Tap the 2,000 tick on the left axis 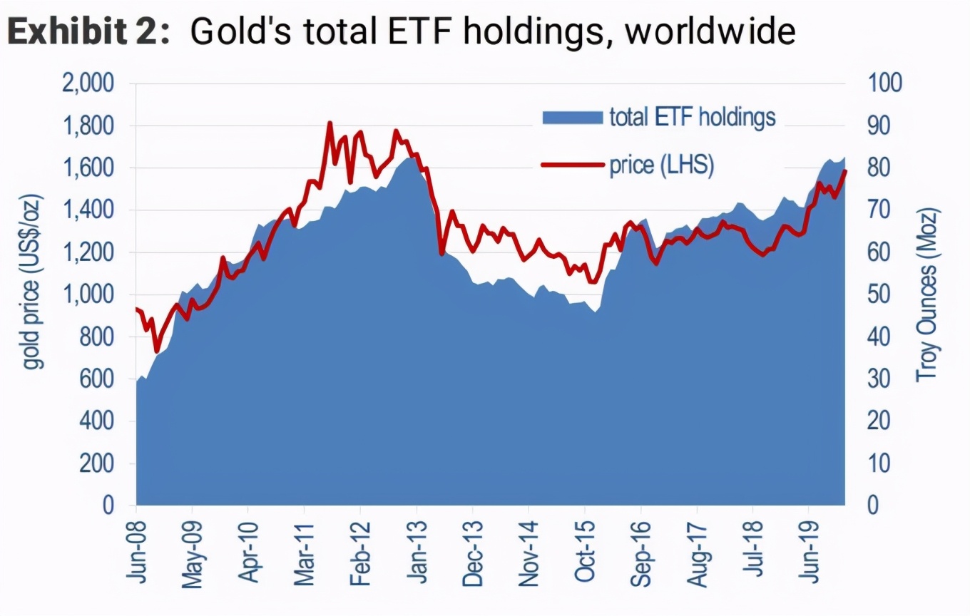point(88,84)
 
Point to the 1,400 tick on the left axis point(88,210)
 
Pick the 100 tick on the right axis point(884,84)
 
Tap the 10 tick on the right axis point(879,463)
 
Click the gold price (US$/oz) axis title point(32,282)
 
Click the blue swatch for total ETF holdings point(571,117)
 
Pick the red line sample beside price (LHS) point(571,165)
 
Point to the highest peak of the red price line point(329,124)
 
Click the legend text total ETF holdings point(692,116)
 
